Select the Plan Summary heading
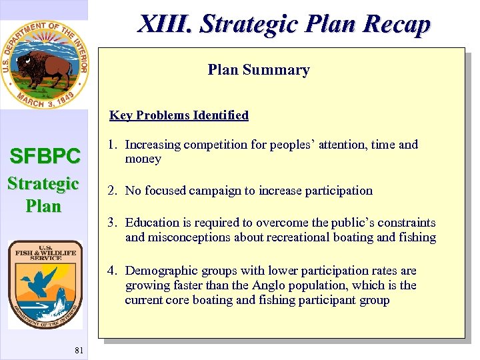[259, 70]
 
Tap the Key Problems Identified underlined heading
[179, 115]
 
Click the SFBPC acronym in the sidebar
[44, 157]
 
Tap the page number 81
[79, 351]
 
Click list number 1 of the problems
[113, 145]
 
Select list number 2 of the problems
[113, 191]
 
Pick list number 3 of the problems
[113, 223]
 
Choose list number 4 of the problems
[113, 271]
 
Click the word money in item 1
[143, 159]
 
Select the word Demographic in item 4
[160, 271]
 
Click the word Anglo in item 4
[269, 285]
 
